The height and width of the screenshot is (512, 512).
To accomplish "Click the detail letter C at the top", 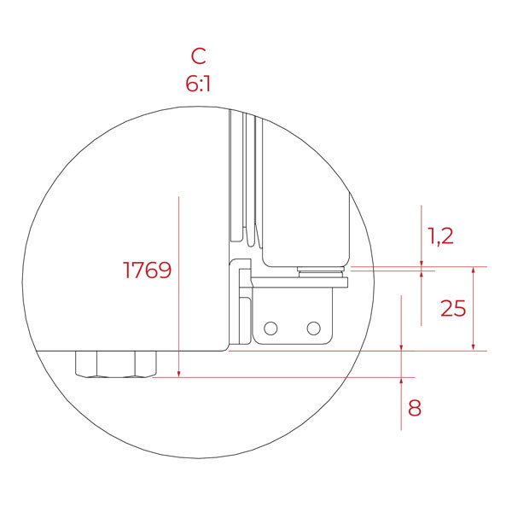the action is (199, 55).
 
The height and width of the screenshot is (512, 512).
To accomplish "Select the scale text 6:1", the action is (198, 84).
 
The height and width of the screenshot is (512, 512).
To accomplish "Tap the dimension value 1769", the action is (147, 270).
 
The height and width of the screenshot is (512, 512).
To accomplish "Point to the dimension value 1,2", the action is (440, 236).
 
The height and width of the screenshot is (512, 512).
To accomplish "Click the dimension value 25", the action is (453, 308).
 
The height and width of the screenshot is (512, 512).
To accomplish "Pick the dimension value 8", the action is (415, 408).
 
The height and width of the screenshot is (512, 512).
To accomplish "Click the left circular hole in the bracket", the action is (271, 329).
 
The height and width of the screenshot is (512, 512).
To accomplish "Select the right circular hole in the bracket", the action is (314, 329).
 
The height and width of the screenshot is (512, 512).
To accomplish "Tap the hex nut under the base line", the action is (116, 364).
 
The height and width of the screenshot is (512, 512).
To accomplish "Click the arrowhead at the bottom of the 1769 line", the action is (178, 374).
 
